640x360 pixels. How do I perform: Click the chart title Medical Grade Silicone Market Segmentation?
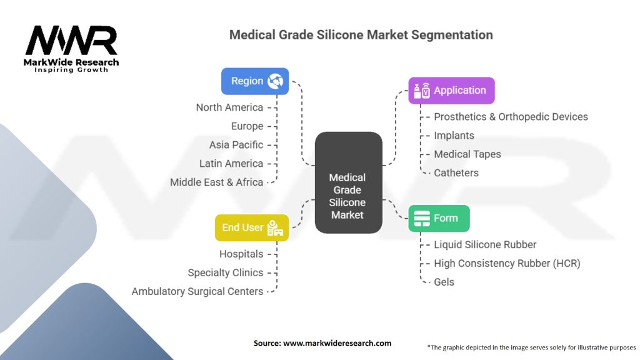pos(361,35)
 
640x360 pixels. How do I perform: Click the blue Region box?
pos(255,81)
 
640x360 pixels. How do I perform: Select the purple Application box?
pos(451,91)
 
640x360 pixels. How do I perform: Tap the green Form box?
pos(439,218)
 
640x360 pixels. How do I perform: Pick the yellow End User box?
pos(251,227)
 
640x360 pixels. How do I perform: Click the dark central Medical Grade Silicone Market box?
pos(347,182)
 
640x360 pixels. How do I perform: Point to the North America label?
pos(229,107)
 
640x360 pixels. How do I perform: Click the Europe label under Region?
pos(247,126)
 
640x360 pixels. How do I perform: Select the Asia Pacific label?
pos(236,145)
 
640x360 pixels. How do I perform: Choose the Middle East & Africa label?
pos(216,182)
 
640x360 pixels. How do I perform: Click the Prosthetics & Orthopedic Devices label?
pos(511,117)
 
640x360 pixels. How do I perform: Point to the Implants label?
pos(454,136)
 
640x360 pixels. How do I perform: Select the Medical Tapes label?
pos(467,154)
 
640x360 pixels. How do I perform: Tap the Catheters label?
pos(456,173)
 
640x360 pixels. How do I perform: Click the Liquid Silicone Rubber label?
pos(485,244)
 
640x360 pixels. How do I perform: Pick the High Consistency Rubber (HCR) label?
pos(507,263)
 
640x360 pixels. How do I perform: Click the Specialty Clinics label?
pos(225,272)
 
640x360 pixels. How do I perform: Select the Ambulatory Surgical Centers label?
pos(197,291)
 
